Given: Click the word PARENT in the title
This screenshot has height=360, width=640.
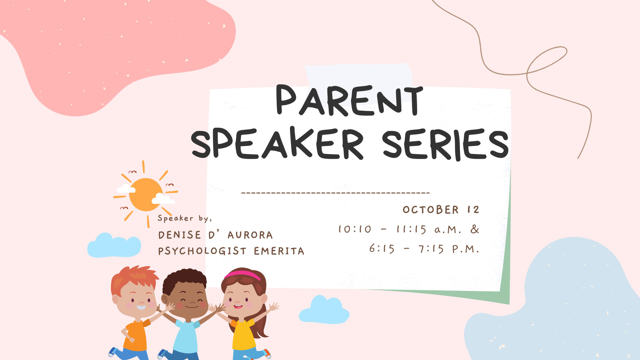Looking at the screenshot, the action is pos(350,100).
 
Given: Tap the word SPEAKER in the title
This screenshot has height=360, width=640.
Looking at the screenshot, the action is pos(277,144).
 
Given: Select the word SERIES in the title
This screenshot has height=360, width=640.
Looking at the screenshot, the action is pos(446,144).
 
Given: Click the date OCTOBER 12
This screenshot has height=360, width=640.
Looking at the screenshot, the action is pos(441,210).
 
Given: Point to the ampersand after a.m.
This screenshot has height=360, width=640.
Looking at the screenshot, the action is pos(475,229).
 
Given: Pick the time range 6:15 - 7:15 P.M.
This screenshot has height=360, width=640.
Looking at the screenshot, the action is pos(424,249).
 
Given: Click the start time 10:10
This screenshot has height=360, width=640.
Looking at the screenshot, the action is pos(355,229).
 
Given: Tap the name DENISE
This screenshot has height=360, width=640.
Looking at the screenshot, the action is pos(180,235).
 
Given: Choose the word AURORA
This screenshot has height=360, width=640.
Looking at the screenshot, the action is pos(250,235).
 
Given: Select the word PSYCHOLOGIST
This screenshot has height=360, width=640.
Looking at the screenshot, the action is pos(202,251).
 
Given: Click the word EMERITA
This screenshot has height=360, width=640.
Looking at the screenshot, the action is pos(279,251).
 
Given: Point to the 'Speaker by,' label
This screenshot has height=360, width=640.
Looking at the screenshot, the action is pos(185,219).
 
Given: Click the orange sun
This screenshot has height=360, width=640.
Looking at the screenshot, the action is pos(146,195).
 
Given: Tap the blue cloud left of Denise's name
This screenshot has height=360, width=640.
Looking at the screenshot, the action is pos(114,246).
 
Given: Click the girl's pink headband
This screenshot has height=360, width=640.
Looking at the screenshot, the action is pos(242,275).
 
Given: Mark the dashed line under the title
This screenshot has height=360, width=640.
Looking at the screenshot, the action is pos(335,193).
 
